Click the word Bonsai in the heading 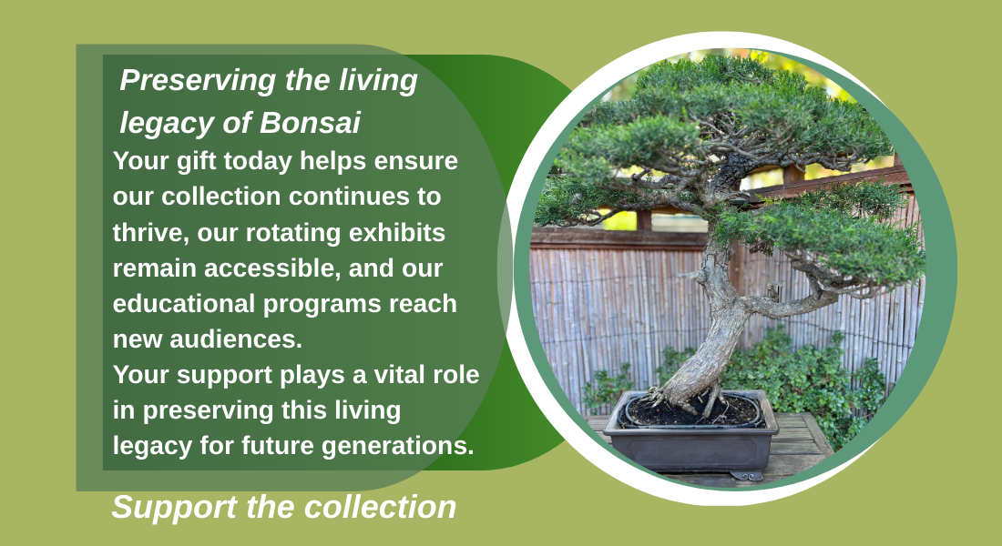pyautogui.click(x=310, y=123)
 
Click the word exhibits pyautogui.click(x=397, y=232)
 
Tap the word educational pyautogui.click(x=184, y=303)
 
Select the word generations pyautogui.click(x=397, y=447)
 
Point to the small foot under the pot pyautogui.click(x=746, y=475)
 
